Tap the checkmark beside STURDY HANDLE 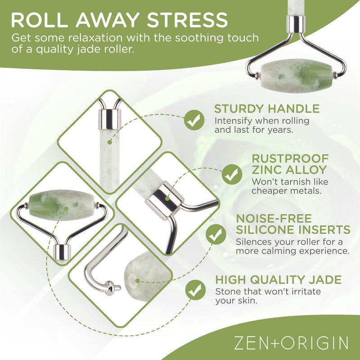(194, 120)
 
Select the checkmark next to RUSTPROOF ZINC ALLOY (232, 174)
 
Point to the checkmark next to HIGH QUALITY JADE (195, 289)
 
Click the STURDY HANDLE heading (267, 109)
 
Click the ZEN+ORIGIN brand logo (291, 343)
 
